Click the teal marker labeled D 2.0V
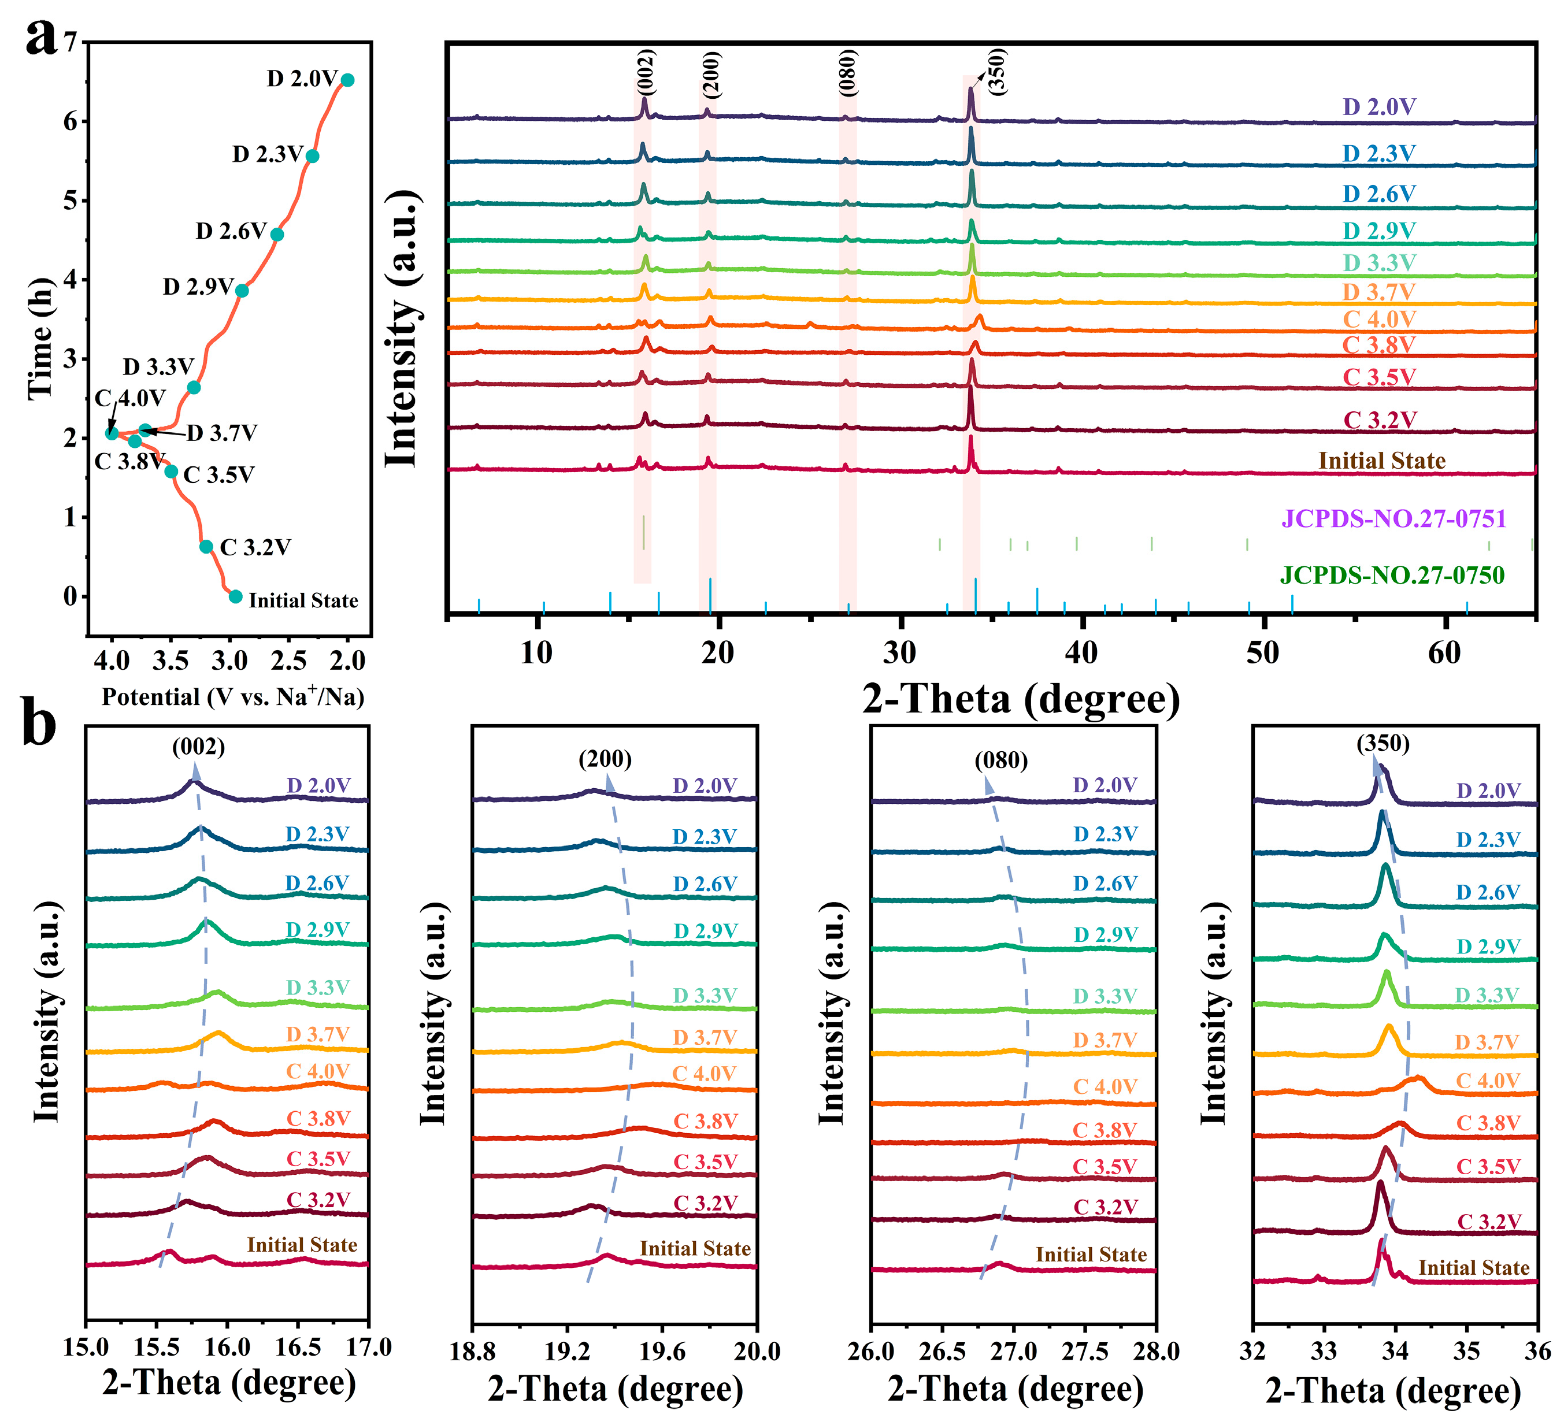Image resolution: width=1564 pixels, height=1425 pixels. (347, 80)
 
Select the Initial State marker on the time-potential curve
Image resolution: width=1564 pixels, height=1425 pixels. (236, 596)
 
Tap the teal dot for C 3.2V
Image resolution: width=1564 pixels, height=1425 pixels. (206, 546)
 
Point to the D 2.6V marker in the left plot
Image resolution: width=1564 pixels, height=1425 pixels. (277, 234)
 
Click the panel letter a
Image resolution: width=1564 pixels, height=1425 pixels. (40, 36)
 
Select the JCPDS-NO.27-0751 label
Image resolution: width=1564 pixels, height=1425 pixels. (1393, 518)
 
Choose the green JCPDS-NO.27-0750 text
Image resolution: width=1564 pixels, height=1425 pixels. (1392, 575)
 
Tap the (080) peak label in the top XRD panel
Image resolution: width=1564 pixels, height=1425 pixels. (848, 72)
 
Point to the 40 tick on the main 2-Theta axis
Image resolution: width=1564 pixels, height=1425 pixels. (1081, 653)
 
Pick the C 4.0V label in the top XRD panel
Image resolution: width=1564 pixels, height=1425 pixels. (1380, 319)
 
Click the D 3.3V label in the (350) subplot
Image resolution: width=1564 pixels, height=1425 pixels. (1487, 995)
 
